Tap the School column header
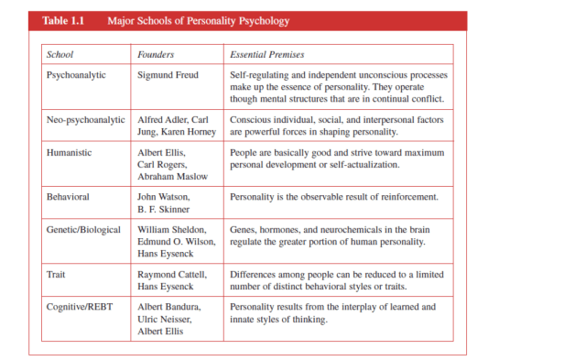[x=60, y=55]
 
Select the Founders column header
[x=157, y=55]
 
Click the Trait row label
[x=57, y=273]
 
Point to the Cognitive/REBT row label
[x=79, y=305]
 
